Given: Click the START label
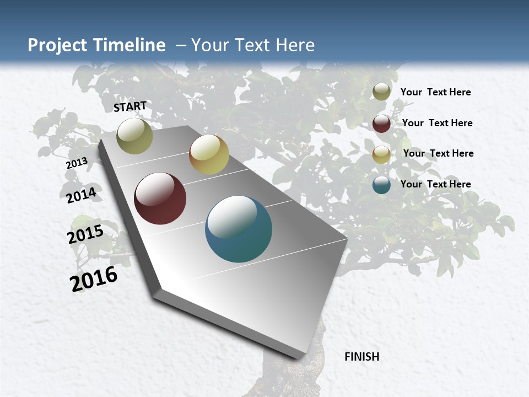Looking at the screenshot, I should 130,106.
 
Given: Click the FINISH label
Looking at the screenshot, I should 361,357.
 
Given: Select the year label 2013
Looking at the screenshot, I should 77,163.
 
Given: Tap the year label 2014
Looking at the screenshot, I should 81,195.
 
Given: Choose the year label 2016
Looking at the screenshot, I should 94,279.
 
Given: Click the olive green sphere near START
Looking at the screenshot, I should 134,136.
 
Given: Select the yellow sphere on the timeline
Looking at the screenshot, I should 209,154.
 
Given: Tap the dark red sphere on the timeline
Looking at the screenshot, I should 160,198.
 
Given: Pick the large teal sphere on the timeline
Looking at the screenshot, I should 238,229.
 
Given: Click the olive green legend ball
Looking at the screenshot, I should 381,92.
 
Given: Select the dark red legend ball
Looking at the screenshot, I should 381,123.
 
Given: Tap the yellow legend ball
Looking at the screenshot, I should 381,154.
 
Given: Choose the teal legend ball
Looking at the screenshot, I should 381,185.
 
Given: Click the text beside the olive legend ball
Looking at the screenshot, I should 435,92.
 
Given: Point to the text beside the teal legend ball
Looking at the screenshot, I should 435,184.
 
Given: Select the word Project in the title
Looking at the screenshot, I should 58,45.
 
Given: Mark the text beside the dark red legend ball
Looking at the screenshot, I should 437,123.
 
